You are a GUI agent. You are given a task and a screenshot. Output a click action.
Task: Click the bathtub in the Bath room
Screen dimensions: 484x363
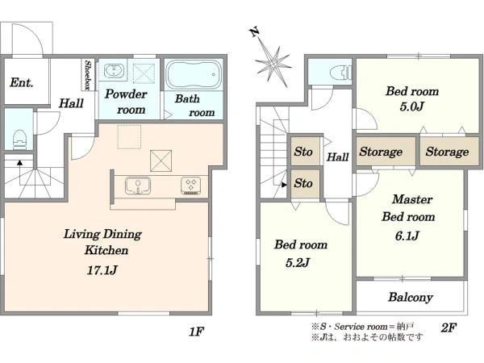pos(194,74)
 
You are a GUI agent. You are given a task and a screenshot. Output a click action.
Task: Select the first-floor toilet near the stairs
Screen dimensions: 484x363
pos(19,140)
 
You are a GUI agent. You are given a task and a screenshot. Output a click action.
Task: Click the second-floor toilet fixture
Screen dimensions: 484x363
pos(340,73)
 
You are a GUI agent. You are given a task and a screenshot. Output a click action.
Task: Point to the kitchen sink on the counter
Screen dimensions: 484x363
pos(138,186)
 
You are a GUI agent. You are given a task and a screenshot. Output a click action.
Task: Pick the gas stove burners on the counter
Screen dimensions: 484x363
pos(190,186)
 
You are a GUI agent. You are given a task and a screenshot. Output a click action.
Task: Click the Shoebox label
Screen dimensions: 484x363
pos(88,75)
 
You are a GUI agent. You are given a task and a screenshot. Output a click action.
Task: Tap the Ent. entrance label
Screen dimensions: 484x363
pos(22,82)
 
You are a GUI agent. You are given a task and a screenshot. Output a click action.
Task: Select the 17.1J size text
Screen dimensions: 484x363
pos(102,270)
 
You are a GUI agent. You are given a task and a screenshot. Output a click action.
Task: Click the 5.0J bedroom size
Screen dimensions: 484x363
pos(411,106)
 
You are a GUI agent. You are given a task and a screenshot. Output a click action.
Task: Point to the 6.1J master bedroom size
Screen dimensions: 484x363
pos(407,236)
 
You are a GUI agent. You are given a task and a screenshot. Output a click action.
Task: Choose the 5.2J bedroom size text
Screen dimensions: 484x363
pos(297,263)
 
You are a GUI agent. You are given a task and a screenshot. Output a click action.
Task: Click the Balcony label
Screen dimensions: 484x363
pos(411,297)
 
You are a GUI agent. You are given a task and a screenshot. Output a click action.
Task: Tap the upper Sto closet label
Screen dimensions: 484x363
pos(303,152)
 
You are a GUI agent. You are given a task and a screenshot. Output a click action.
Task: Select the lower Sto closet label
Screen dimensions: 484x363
pos(303,183)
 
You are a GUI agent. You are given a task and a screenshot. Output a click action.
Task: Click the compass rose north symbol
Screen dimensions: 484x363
pos(273,63)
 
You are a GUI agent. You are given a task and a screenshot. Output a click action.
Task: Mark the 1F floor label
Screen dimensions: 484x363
pos(196,332)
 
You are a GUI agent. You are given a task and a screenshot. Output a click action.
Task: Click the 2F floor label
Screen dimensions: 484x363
pos(449,328)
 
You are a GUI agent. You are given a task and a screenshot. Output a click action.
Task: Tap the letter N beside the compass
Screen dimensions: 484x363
pos(254,31)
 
